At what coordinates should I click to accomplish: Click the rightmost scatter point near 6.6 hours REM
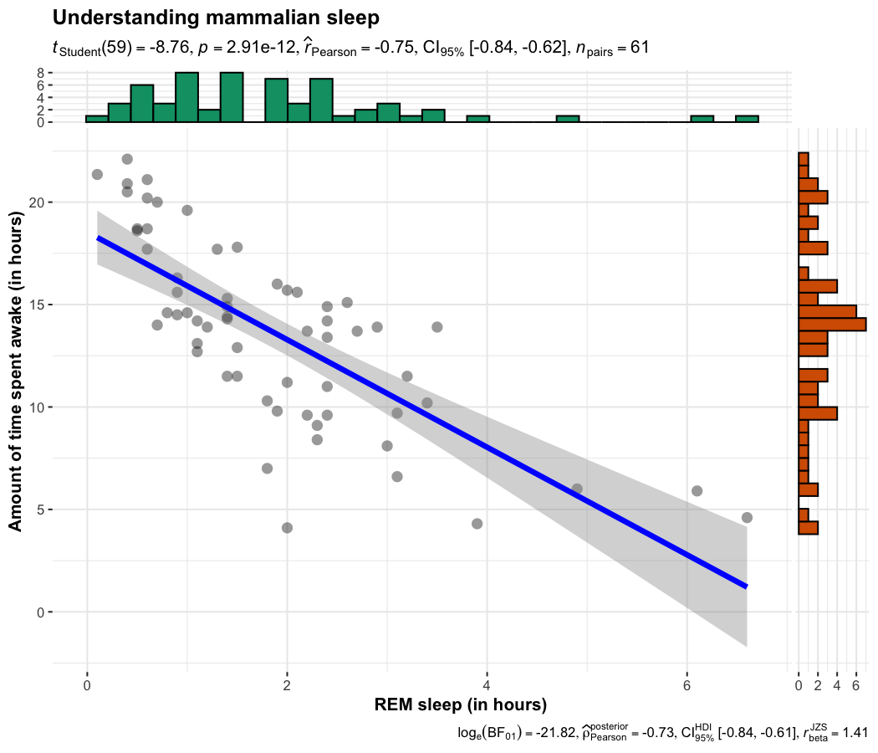747,517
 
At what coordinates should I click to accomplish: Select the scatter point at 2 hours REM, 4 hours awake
287,528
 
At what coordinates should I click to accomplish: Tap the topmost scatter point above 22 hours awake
127,159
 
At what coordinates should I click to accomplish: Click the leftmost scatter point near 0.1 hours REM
97,174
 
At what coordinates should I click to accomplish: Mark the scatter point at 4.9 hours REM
577,489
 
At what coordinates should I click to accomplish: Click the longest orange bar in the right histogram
832,324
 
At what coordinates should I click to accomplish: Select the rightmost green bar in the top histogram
747,119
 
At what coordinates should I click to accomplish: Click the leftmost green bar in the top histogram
97,119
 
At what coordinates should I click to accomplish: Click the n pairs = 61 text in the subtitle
610,49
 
